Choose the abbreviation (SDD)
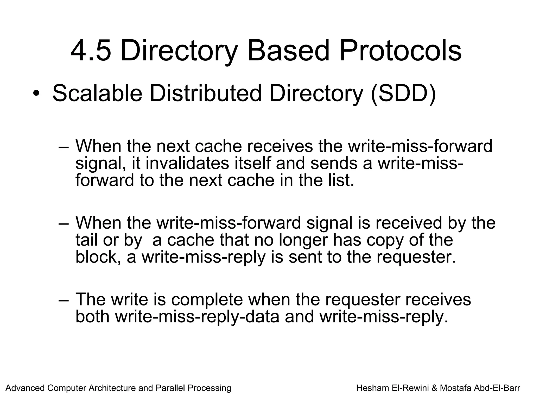(x=403, y=94)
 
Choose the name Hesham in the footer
(x=373, y=388)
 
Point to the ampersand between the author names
(x=434, y=388)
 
